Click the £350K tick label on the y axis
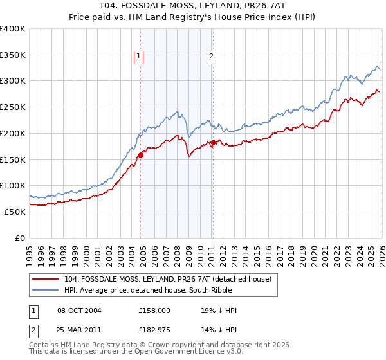13,55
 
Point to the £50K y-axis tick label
15,212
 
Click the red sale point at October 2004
140,154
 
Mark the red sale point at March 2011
213,142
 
